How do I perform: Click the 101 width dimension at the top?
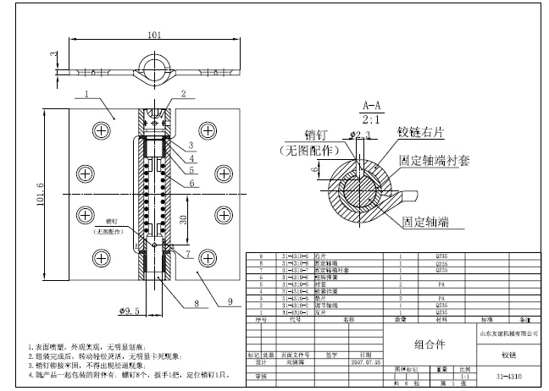[x=154, y=36]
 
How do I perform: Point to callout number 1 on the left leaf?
[x=86, y=93]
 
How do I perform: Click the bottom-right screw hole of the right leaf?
[x=208, y=253]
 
